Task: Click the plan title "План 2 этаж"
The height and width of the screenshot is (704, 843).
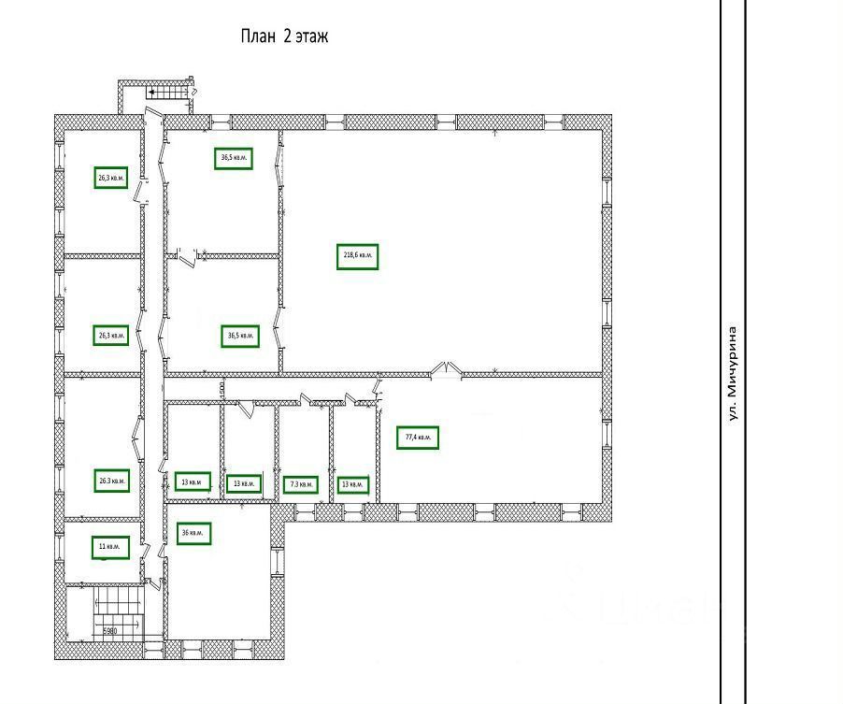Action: tap(284, 37)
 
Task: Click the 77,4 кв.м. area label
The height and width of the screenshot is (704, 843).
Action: tap(418, 438)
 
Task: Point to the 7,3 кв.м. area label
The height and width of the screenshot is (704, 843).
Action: tap(302, 484)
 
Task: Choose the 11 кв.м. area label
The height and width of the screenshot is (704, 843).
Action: tap(110, 547)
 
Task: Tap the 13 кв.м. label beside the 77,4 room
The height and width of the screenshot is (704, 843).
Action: tap(352, 485)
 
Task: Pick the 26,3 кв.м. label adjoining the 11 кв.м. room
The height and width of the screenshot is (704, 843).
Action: tap(110, 481)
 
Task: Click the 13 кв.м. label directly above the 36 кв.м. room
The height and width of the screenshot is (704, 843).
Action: tap(192, 481)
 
